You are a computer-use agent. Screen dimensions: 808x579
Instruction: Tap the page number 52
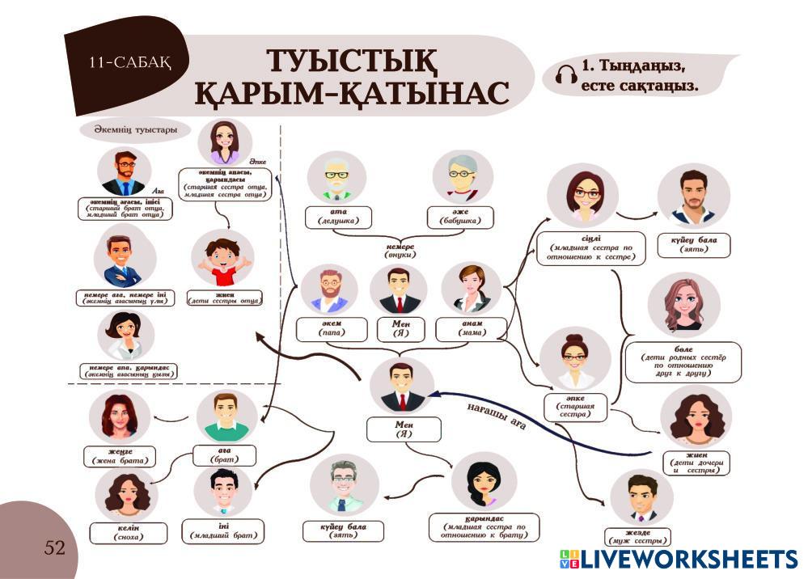coord(55,548)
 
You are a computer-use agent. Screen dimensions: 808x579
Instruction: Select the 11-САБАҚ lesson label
coord(130,61)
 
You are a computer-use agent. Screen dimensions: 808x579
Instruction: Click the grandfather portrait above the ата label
coord(336,177)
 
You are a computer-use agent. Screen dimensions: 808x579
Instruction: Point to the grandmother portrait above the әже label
coord(462,177)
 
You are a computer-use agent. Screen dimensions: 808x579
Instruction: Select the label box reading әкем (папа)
coord(329,328)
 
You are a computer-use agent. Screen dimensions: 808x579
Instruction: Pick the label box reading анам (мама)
coord(471,328)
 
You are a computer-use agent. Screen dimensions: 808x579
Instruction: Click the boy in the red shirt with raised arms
coord(222,258)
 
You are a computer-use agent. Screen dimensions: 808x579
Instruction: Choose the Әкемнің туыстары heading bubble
coord(129,129)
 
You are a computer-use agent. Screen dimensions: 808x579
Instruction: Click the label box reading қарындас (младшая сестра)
coord(484,526)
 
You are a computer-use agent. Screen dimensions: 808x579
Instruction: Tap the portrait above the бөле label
coord(683,305)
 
